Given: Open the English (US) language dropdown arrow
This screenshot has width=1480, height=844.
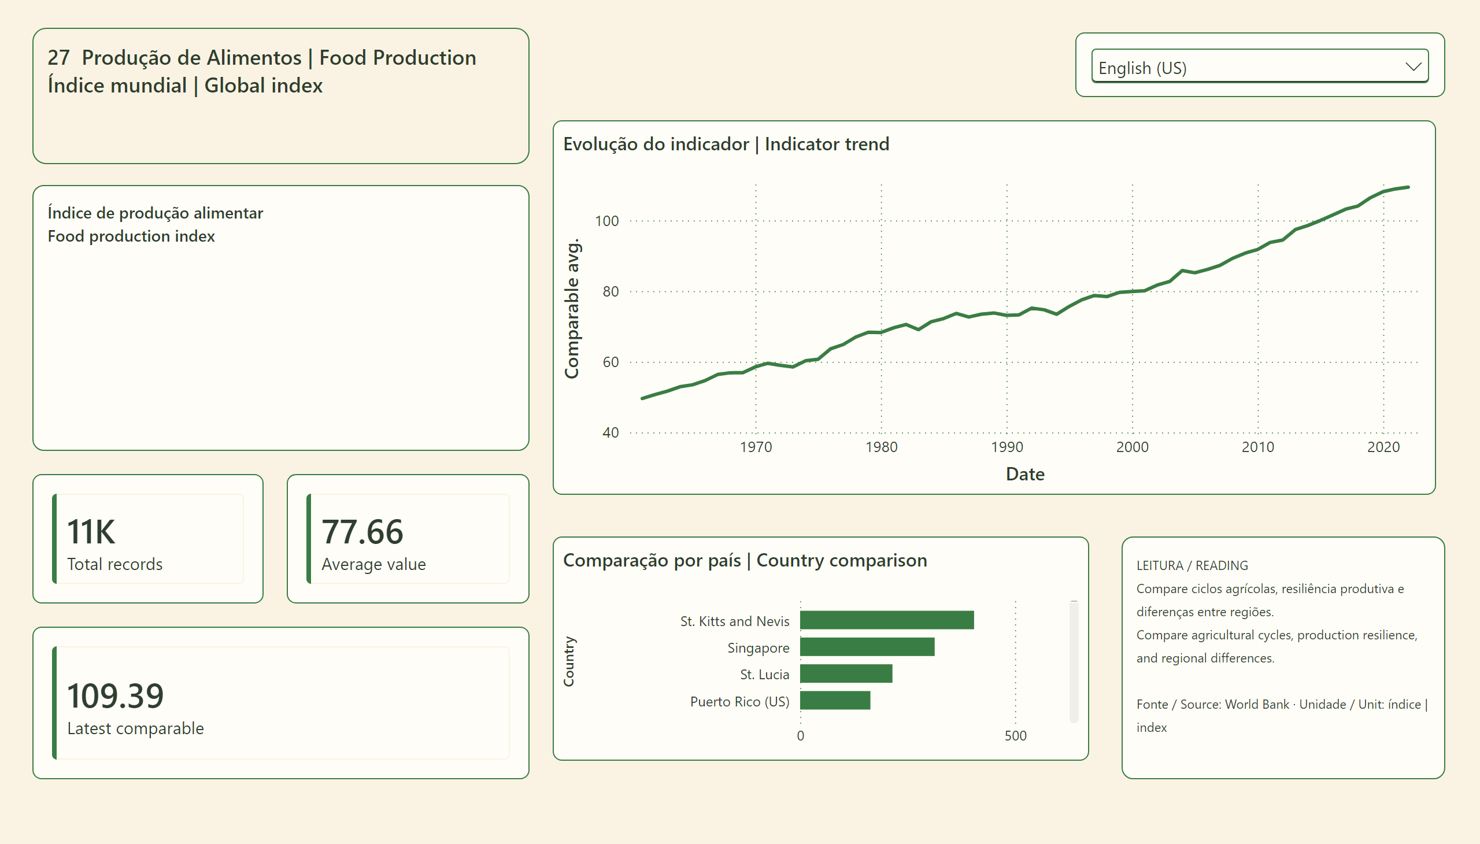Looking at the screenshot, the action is point(1414,66).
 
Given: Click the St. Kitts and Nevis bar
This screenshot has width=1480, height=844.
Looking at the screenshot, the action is point(886,620).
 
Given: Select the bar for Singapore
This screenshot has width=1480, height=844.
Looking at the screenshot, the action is point(867,647).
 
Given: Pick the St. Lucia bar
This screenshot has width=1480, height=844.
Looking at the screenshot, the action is point(846,673).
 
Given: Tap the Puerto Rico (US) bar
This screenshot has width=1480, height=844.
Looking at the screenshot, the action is point(835,700).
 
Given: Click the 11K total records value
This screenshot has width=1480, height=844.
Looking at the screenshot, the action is point(91,532).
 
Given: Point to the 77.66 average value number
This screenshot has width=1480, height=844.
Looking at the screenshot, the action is point(362,532).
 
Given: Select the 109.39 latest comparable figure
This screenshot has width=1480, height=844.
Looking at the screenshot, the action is point(116,695).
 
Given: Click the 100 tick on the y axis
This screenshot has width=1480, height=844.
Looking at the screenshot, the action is point(607,221).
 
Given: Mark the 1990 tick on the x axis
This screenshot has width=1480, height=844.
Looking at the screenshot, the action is point(1007,447).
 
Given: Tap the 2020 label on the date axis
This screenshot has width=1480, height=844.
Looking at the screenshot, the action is point(1383,447).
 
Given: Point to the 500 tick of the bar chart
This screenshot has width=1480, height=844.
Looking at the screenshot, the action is point(1016,735).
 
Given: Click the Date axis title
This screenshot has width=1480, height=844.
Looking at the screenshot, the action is point(1025,474).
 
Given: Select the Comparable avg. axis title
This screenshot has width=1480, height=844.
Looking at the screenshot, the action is point(572,308).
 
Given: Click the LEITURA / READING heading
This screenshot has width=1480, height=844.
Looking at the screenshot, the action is point(1192,565).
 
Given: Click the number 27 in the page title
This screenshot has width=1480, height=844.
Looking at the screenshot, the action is point(58,57).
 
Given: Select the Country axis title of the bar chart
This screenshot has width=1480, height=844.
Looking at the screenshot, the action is point(569,661).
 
